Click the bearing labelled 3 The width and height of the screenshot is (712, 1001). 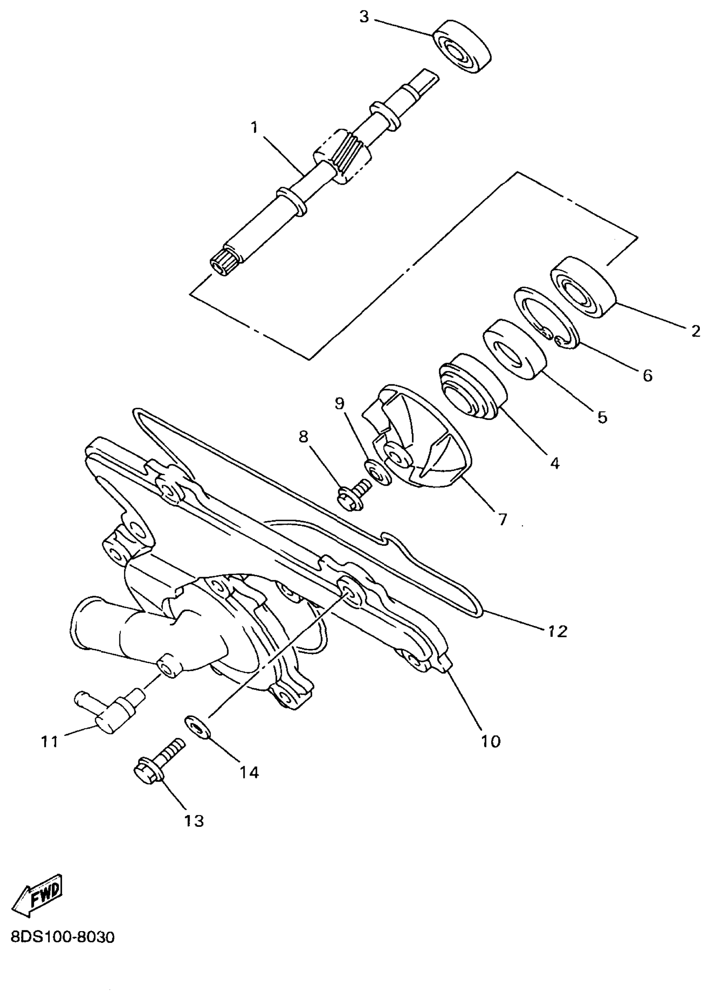tap(462, 46)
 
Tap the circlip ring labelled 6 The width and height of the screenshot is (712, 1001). tap(546, 318)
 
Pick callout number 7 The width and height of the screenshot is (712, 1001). tap(503, 520)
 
